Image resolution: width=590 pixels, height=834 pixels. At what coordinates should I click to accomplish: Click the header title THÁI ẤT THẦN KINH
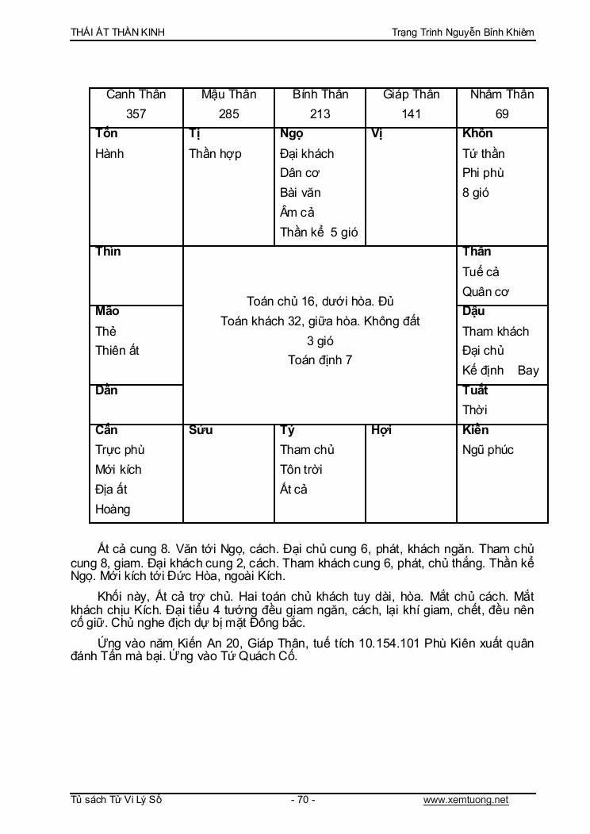click(117, 32)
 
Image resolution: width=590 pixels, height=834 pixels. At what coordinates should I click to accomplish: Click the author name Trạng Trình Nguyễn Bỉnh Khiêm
click(463, 32)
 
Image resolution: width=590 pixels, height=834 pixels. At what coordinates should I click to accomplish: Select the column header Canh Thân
click(136, 94)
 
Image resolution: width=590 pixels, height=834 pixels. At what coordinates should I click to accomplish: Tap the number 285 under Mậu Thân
click(228, 114)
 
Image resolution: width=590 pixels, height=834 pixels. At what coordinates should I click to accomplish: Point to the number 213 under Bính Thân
click(320, 114)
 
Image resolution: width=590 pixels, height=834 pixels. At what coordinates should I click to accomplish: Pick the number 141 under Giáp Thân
click(411, 114)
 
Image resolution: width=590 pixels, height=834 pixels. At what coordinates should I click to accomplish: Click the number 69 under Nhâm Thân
click(502, 114)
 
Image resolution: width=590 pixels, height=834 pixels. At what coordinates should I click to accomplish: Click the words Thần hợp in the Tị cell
click(215, 154)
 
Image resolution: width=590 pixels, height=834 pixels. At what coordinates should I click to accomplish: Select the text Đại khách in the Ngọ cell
click(307, 154)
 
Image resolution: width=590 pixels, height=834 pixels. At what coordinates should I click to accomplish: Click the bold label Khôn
click(477, 133)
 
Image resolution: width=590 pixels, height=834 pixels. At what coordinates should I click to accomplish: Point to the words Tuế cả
click(481, 272)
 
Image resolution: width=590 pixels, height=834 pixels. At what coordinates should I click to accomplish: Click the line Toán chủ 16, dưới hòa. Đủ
click(320, 302)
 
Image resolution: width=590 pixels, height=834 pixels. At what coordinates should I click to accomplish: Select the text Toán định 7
click(320, 360)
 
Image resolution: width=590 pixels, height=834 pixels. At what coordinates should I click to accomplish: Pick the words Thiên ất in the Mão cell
click(117, 351)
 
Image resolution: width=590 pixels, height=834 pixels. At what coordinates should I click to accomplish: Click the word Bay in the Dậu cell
click(528, 371)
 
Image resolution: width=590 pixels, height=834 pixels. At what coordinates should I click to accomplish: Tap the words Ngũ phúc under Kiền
click(488, 450)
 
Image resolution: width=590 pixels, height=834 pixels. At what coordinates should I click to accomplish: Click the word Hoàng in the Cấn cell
click(113, 509)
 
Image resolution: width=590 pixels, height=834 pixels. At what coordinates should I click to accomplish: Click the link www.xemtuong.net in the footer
click(466, 800)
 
